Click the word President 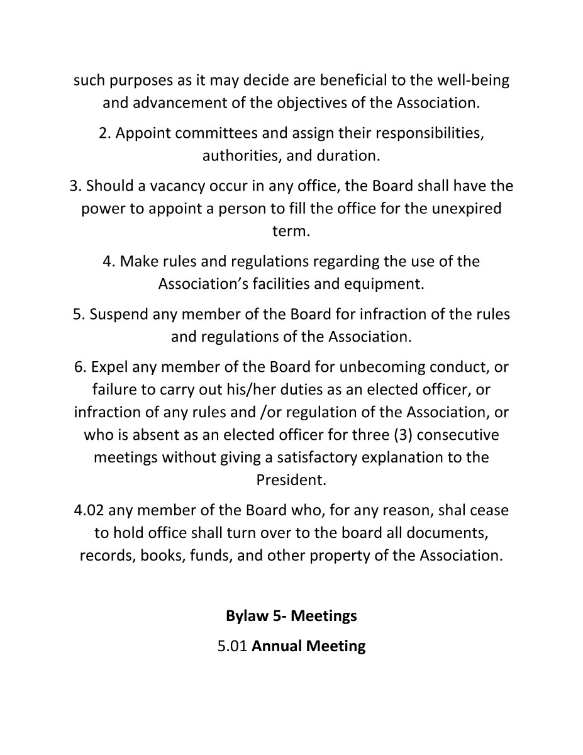(x=291, y=480)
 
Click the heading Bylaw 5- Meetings (x=291, y=615)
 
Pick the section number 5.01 (x=232, y=646)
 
